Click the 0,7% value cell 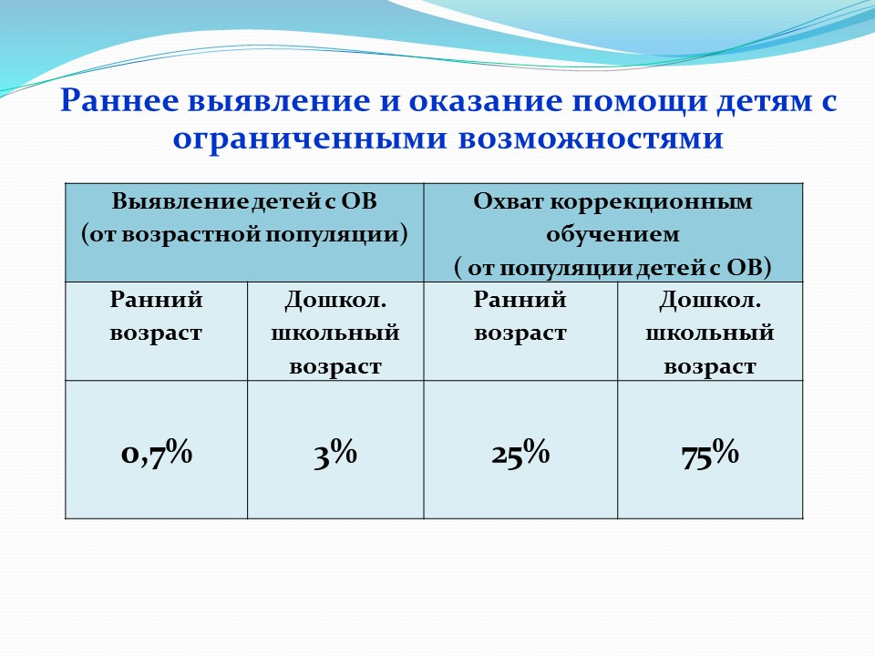point(156,453)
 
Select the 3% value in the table point(335,453)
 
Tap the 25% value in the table point(520,453)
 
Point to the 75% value point(710,453)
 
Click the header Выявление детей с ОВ point(244,200)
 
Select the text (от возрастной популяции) point(244,234)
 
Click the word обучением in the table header point(612,234)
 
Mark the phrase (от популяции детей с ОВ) point(612,268)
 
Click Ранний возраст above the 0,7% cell point(156,317)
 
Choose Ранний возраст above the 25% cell point(520,317)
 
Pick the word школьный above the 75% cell point(710,333)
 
